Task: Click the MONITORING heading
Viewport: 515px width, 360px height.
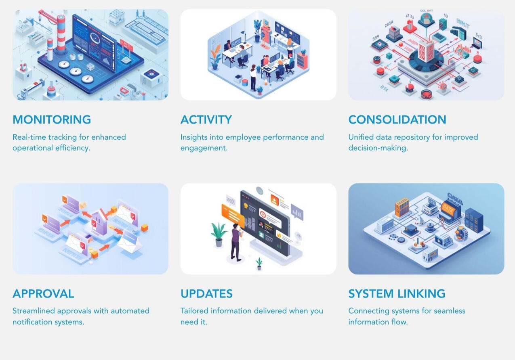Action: pos(52,120)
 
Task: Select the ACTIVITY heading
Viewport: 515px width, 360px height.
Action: pos(206,120)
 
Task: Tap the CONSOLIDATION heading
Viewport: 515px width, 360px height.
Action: pos(397,120)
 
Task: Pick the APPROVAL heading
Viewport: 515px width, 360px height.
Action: pos(43,294)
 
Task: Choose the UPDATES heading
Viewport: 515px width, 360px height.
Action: pos(206,294)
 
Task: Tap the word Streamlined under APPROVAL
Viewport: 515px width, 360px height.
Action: pos(34,311)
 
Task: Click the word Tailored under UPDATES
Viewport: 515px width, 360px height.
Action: pos(193,311)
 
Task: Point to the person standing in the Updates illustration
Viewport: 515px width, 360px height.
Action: pos(235,242)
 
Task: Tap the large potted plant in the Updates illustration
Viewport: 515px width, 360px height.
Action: pos(219,234)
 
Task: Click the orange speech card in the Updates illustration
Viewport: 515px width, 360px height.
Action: pos(232,214)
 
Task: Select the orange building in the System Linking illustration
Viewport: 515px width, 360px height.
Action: pos(402,207)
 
